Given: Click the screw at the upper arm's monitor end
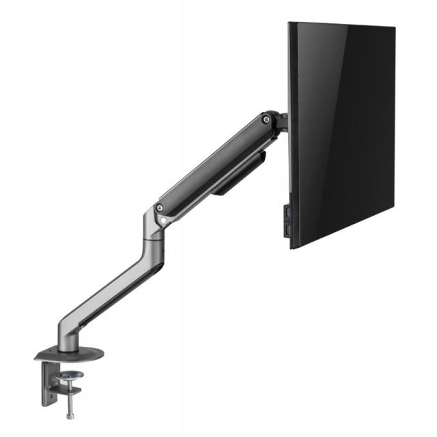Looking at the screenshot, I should point(265,121).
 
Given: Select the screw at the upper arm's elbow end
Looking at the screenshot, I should point(159,208).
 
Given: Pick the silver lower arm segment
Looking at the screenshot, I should point(109,287).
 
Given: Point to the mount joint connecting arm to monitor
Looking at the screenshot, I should point(279,123).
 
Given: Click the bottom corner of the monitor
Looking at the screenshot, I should point(292,247).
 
